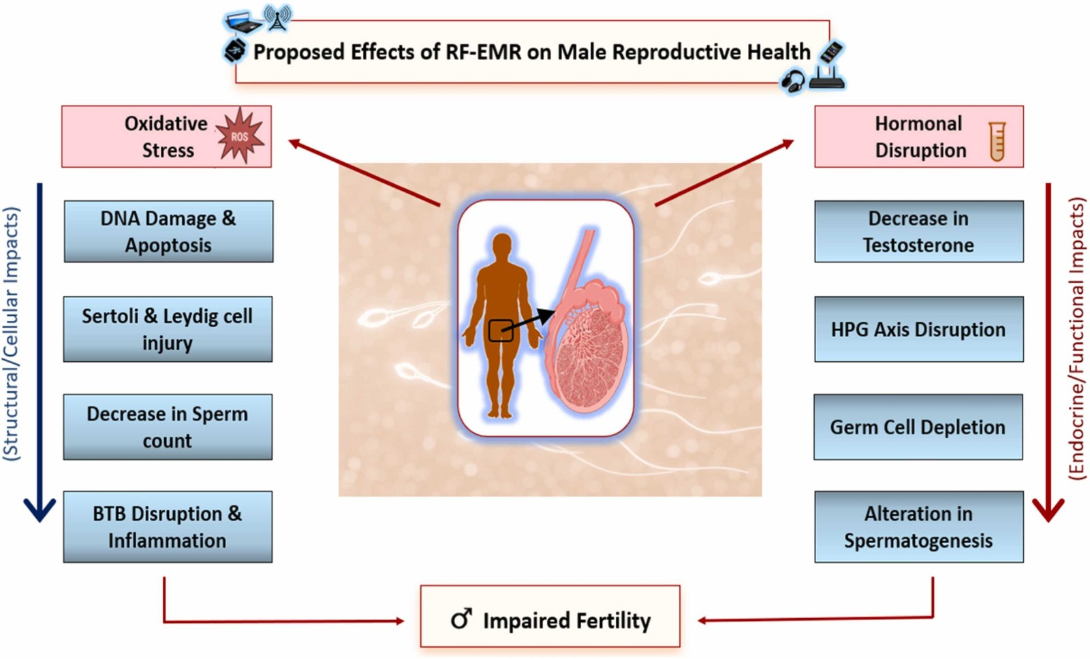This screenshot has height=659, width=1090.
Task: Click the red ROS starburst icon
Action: tap(240, 136)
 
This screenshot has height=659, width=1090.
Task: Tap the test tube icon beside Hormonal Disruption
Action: tap(997, 141)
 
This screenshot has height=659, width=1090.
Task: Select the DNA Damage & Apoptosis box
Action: tap(168, 232)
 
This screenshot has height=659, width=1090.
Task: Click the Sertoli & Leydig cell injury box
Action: tap(168, 330)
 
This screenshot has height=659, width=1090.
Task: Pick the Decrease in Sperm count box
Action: tap(168, 427)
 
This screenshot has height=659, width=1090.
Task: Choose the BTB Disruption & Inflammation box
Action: tap(168, 527)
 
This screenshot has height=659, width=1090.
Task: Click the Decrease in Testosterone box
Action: tap(919, 232)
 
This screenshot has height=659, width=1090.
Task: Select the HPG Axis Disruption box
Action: tap(919, 330)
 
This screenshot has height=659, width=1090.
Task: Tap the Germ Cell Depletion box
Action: tap(918, 427)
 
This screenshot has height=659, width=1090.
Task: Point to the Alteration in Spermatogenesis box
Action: tap(919, 527)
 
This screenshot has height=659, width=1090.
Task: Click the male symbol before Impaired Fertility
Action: tap(461, 619)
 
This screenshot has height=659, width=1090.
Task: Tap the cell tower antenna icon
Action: tap(278, 18)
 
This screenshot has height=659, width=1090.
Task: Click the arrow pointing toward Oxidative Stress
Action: tap(364, 173)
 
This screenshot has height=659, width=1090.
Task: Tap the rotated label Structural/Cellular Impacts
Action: tap(11, 334)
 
